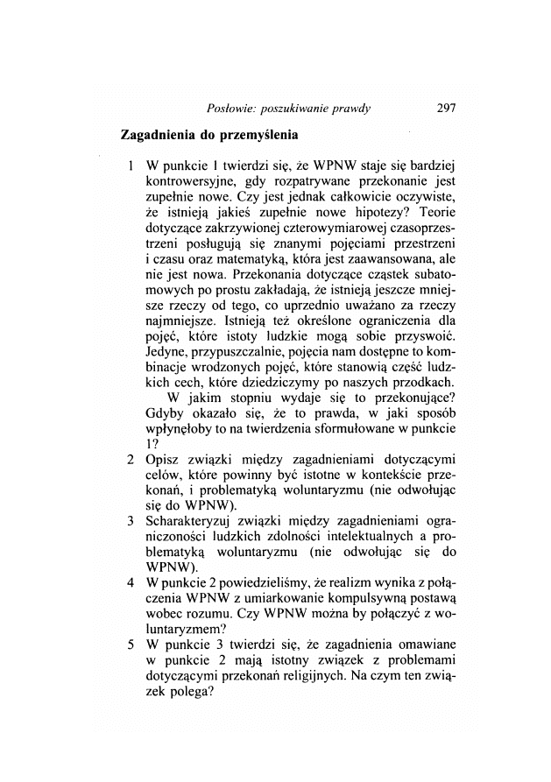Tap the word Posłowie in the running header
pos(231,109)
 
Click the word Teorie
pos(449,212)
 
